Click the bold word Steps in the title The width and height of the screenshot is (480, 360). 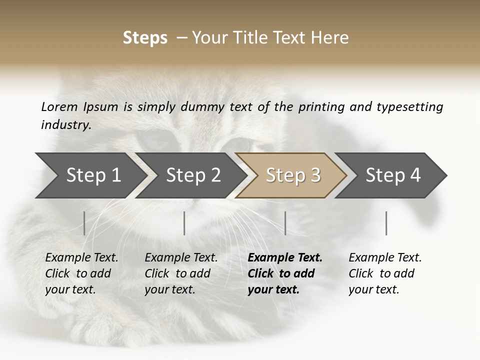pos(145,38)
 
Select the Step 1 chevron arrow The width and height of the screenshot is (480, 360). pos(90,175)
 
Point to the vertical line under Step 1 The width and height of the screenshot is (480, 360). pos(84,223)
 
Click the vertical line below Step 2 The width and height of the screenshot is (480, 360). pos(184,223)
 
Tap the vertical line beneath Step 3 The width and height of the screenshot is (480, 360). pos(285,223)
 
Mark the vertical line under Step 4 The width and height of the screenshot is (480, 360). pos(386,223)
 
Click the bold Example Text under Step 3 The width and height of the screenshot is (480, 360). pos(285,258)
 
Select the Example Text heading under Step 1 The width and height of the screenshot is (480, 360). pos(81,258)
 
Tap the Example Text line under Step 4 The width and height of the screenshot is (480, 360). pos(385,258)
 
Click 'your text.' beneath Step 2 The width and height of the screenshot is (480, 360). pos(170,289)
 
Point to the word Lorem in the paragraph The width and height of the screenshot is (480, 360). pos(59,107)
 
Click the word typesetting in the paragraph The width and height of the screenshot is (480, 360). pos(409,107)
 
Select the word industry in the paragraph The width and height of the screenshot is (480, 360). pos(65,125)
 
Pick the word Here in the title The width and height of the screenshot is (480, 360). pos(330,38)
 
